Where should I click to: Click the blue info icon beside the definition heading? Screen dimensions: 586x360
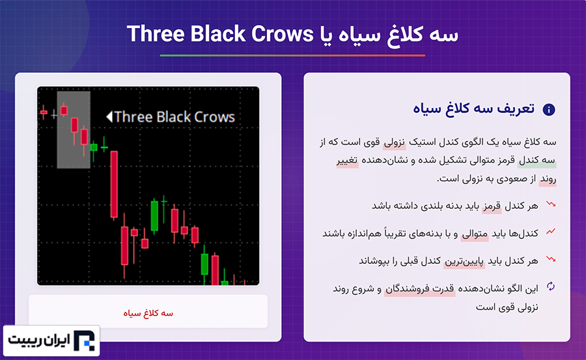point(549,109)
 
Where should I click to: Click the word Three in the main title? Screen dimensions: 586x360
point(156,34)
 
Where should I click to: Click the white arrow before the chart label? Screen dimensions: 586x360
point(109,117)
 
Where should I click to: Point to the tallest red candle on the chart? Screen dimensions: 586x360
point(114,184)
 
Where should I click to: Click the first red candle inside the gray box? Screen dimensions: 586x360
point(64,110)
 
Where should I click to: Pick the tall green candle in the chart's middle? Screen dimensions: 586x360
point(154,215)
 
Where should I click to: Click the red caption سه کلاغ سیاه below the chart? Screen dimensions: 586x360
point(148,313)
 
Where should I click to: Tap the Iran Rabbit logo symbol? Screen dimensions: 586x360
point(84,340)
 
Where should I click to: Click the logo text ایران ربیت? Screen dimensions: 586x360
point(39,340)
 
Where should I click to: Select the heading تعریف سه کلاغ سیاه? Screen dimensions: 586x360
point(473,109)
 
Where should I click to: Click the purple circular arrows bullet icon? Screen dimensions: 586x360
point(550,286)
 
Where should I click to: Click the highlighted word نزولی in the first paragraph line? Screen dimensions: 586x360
point(395,142)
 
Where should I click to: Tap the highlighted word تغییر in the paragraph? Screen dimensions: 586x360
point(347,160)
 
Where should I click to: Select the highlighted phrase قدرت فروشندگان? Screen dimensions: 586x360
point(420,289)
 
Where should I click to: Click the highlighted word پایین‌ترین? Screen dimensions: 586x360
point(464,261)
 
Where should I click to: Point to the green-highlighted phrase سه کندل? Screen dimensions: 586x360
point(537,160)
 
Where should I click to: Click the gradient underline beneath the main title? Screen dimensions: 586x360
point(292,55)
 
